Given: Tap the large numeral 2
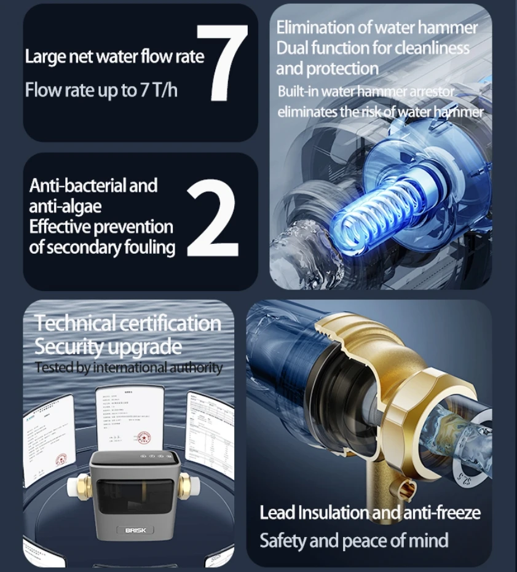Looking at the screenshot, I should click(x=211, y=220).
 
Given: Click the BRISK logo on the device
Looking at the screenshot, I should click(x=135, y=530).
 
